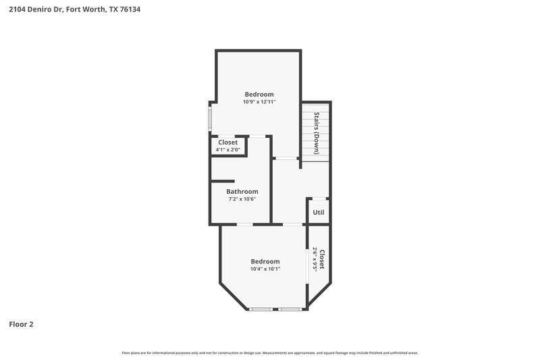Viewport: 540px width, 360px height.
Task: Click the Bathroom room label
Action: [242, 191]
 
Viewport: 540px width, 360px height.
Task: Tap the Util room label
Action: [319, 212]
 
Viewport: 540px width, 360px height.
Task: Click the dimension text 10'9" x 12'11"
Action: [259, 102]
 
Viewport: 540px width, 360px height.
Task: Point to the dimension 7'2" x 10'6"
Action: [242, 199]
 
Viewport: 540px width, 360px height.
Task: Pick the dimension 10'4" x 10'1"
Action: [265, 269]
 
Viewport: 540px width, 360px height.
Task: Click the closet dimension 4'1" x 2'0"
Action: [227, 149]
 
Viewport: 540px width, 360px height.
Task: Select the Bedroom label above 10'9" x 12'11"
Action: [259, 94]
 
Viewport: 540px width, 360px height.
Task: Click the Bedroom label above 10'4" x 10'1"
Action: [265, 261]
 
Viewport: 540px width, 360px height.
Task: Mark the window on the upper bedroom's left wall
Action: [210, 119]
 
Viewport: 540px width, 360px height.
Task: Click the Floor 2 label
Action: [21, 324]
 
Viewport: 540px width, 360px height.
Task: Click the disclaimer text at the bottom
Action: [270, 353]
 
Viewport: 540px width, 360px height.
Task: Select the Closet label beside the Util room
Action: [323, 259]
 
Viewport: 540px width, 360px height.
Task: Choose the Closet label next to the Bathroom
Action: [227, 142]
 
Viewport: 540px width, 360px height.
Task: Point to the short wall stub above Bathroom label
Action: [222, 181]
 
